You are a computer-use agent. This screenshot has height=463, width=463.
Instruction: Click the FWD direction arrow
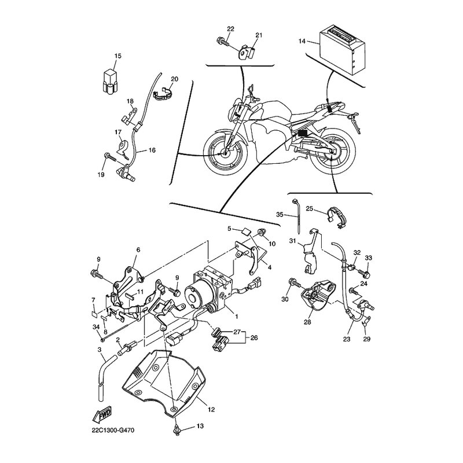(102, 416)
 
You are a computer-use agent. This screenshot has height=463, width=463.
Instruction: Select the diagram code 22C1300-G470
(113, 430)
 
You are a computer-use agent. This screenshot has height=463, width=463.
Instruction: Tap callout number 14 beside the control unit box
(302, 41)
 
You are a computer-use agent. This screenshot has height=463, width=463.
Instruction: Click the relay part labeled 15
(110, 82)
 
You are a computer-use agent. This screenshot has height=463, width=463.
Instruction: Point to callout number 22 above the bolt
(230, 29)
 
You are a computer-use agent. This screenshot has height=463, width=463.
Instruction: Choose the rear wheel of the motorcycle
(333, 152)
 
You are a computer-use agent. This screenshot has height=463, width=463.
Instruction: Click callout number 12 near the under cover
(211, 410)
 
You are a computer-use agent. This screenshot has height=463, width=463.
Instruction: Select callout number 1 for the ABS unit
(237, 316)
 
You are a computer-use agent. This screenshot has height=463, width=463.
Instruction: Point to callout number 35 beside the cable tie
(280, 214)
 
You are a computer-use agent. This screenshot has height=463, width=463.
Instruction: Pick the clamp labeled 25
(336, 218)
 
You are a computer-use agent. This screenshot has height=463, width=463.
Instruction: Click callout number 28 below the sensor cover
(307, 322)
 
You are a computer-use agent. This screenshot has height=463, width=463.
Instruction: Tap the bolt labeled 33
(365, 273)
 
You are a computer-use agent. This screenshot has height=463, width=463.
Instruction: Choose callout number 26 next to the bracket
(254, 337)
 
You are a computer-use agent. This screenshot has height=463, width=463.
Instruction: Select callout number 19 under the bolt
(101, 175)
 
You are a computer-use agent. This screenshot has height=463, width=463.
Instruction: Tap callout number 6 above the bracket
(138, 250)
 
